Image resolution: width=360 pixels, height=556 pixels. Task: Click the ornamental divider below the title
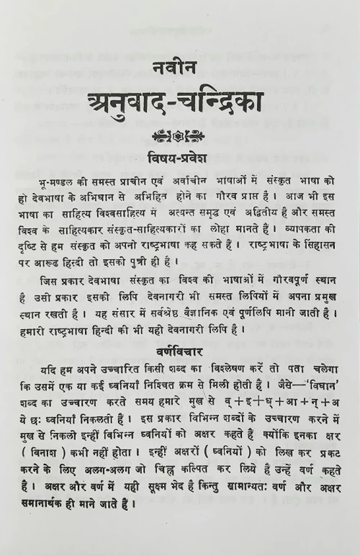[179, 134]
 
